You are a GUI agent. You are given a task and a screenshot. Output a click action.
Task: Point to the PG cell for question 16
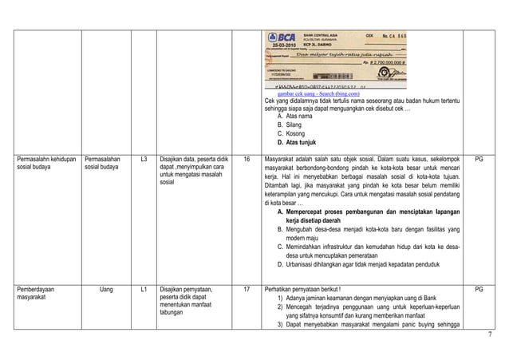coord(479,160)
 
